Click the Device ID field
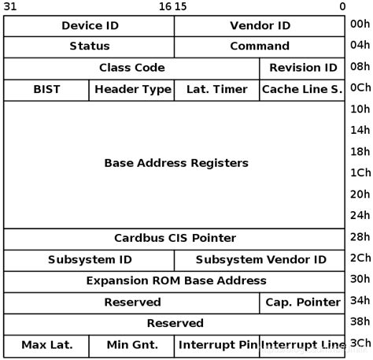(x=89, y=26)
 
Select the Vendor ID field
(x=260, y=26)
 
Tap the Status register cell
(x=89, y=46)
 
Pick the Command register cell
(x=260, y=46)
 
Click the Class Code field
(x=131, y=68)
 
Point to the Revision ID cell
(x=302, y=68)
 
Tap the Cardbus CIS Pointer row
(x=175, y=238)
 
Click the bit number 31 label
(x=10, y=6)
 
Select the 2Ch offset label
(x=360, y=258)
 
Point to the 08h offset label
(x=360, y=67)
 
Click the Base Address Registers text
(x=175, y=163)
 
